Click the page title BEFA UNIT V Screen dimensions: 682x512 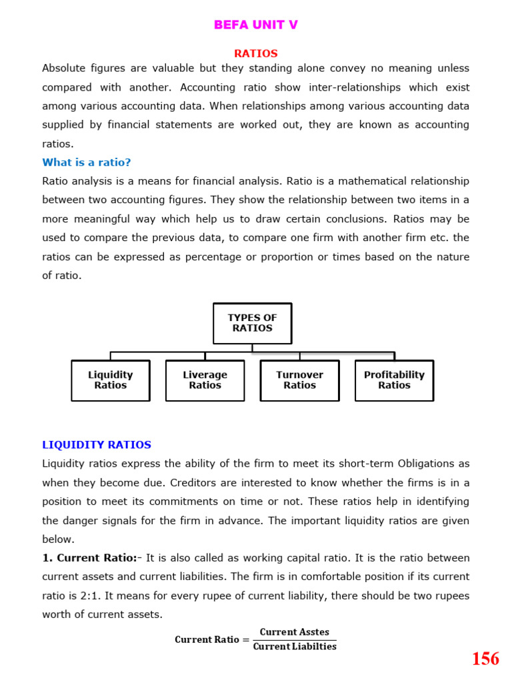(x=255, y=25)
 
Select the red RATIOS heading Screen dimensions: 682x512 (x=255, y=53)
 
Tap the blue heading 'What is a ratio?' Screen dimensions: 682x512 (x=87, y=162)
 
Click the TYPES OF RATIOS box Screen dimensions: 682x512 (x=252, y=323)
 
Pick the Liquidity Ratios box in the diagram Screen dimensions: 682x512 (x=110, y=380)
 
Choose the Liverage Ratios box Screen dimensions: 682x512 (x=205, y=380)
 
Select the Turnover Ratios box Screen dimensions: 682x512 (x=299, y=380)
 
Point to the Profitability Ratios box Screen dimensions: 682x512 (x=394, y=380)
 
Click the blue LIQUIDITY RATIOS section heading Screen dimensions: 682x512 (x=97, y=444)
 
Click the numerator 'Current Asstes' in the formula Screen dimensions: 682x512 (x=294, y=632)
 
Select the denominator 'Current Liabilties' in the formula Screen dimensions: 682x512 (x=295, y=646)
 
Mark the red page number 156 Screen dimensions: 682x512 (x=485, y=659)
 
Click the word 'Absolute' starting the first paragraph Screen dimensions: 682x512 (x=65, y=68)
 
